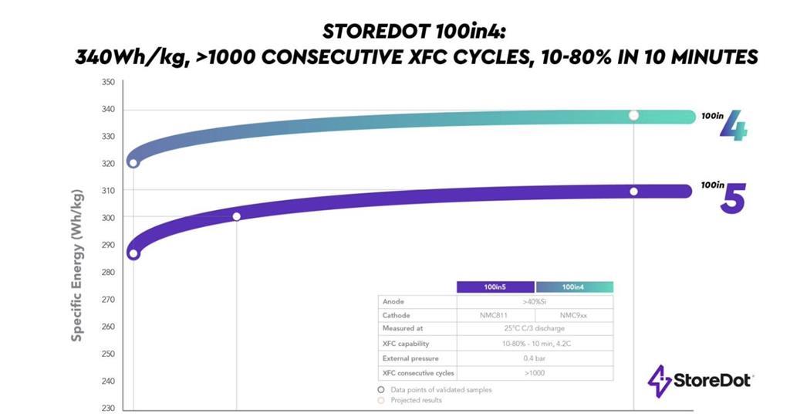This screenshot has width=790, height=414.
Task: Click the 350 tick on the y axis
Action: [x=107, y=82]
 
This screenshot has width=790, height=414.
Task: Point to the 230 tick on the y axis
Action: [x=107, y=409]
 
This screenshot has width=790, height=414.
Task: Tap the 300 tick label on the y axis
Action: [x=107, y=218]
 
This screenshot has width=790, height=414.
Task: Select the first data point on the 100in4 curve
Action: [x=133, y=163]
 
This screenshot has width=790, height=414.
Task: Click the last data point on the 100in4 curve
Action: [x=633, y=115]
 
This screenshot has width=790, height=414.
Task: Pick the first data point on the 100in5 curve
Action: [x=133, y=254]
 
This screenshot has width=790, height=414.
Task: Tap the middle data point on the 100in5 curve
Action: [x=236, y=216]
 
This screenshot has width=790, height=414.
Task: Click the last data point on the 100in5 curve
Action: [x=633, y=192]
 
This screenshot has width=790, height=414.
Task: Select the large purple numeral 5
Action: [x=733, y=199]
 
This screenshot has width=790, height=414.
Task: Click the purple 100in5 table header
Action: [x=495, y=287]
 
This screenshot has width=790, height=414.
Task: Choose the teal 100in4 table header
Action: [x=574, y=287]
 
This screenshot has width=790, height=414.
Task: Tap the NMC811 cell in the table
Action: [x=495, y=316]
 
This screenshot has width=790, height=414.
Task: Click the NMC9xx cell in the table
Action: [x=574, y=316]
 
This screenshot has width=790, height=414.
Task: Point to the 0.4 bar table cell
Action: [x=535, y=358]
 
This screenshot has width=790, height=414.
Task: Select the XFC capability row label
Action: [x=406, y=344]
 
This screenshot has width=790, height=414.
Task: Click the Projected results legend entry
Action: [x=415, y=400]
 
